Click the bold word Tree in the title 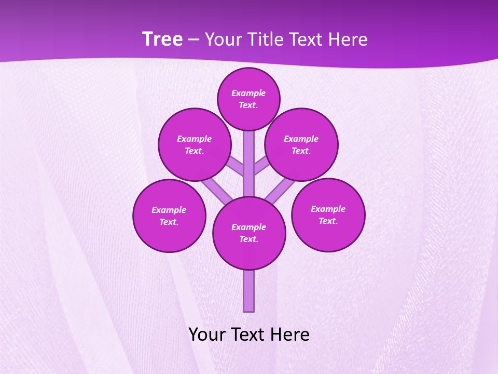click(162, 39)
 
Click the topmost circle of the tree click(248, 99)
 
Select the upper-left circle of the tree click(195, 144)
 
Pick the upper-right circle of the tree click(301, 144)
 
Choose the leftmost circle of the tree click(169, 216)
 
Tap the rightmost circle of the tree click(328, 215)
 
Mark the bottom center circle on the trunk click(249, 233)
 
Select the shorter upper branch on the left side click(236, 167)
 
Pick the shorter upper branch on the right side click(261, 167)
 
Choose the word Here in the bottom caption click(291, 335)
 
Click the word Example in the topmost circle click(248, 94)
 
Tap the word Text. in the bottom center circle click(248, 239)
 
